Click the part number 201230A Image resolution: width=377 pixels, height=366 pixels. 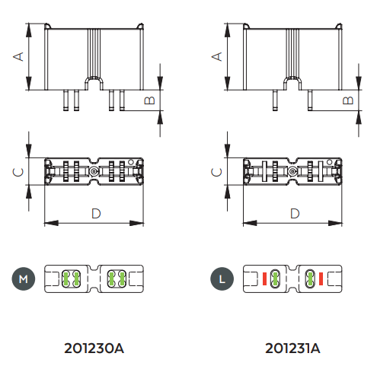click(94, 348)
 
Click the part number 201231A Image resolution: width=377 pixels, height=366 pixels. click(292, 348)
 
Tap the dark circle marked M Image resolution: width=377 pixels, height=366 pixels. click(24, 278)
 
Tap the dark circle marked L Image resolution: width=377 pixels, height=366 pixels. click(222, 278)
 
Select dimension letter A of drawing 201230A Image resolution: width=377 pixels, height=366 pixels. click(18, 56)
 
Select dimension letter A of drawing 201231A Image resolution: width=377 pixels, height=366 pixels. click(217, 56)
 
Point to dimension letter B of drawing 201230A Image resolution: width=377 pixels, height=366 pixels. click(149, 100)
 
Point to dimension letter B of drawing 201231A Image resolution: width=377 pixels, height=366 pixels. click(348, 100)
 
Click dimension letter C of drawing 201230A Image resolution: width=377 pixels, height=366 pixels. click(18, 172)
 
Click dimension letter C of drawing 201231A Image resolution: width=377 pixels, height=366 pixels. click(216, 172)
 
